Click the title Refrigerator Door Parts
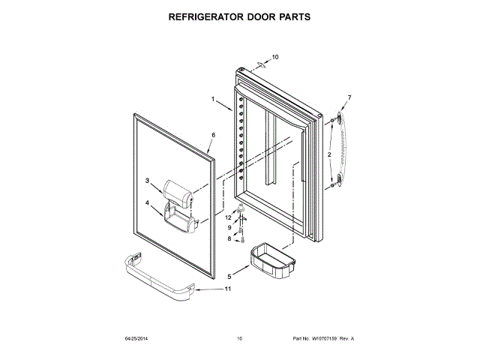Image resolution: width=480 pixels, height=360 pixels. click(x=239, y=16)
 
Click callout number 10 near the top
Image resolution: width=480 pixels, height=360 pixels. click(x=274, y=56)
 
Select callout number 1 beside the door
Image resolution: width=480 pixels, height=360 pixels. click(x=212, y=100)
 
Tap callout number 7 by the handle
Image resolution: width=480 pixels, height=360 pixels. click(x=349, y=97)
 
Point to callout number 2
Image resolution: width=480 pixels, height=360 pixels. click(x=328, y=154)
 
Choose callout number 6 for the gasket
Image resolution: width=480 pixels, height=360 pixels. click(x=212, y=135)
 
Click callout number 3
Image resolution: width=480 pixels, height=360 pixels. click(x=148, y=181)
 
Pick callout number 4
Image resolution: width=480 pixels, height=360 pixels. click(x=148, y=203)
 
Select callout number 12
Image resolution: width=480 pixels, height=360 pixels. click(x=229, y=217)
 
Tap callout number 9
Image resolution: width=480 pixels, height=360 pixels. click(x=229, y=227)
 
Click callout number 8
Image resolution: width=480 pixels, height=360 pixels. click(x=229, y=238)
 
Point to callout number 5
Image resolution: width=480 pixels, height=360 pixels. click(x=229, y=276)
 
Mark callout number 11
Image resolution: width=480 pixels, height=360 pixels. click(x=228, y=289)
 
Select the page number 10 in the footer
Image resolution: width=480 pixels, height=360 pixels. click(x=239, y=339)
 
